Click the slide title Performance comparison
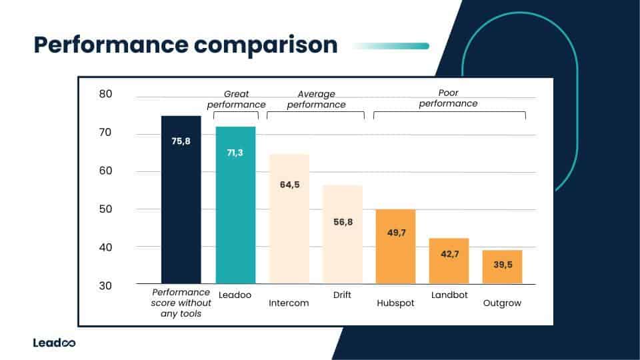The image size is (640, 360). tap(185, 45)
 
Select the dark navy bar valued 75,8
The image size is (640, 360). tap(181, 200)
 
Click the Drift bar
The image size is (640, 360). tap(343, 234)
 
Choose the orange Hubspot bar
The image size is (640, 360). tap(395, 247)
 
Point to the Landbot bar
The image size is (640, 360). tap(449, 261)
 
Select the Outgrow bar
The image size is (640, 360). tap(502, 267)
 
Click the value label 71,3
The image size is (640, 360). tap(235, 153)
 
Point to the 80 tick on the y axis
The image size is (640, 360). tap(105, 95)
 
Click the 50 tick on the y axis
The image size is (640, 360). tap(105, 209)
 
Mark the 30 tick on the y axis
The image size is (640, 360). tap(105, 285)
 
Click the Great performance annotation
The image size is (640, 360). tap(236, 99)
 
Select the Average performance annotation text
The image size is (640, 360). tap(317, 99)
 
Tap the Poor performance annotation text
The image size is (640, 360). tap(448, 98)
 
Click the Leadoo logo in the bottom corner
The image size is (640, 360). tap(54, 343)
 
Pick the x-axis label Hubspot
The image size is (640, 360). tap(395, 303)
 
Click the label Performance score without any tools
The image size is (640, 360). tap(181, 303)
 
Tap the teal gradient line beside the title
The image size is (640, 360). tap(390, 46)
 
